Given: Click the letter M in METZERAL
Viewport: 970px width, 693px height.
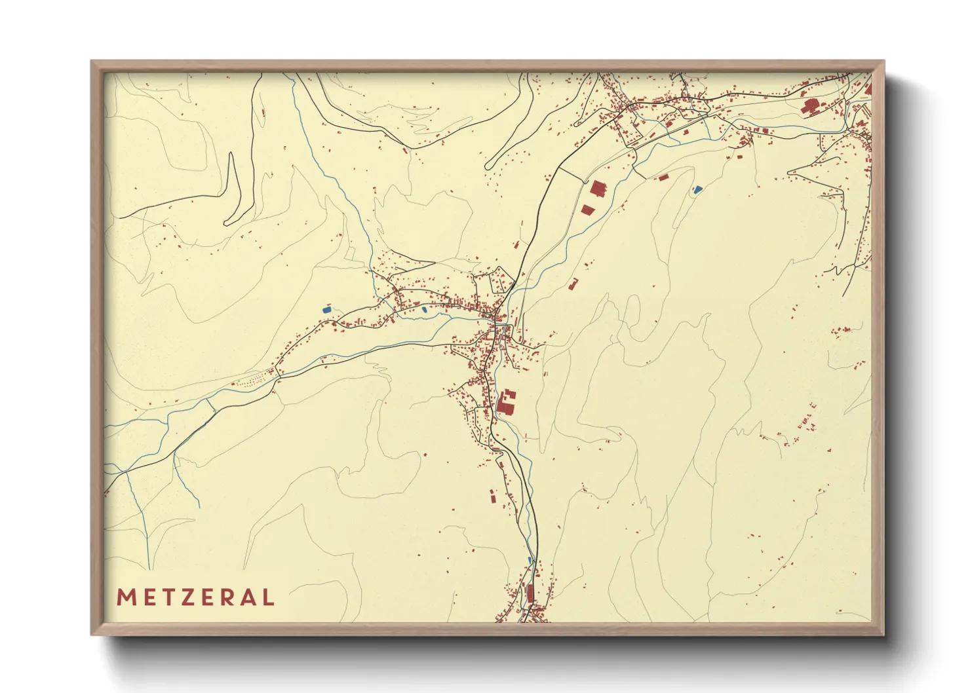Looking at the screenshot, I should (x=125, y=597).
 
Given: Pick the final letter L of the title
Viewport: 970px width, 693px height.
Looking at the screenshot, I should (x=267, y=597).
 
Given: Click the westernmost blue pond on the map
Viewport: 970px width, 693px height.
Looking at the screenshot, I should (x=327, y=309).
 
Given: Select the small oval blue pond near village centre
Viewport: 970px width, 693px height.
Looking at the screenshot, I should (x=425, y=309).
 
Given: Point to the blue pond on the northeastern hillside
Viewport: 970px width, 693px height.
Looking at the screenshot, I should (x=697, y=190).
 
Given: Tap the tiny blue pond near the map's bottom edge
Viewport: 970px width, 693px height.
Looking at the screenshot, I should (x=530, y=559).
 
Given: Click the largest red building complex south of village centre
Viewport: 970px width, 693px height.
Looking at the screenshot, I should (x=505, y=402).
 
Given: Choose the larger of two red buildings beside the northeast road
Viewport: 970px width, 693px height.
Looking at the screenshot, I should (x=598, y=189).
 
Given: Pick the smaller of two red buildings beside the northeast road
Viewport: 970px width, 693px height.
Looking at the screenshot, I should (x=587, y=210).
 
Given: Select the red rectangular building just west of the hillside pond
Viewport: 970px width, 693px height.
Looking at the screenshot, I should (x=663, y=177).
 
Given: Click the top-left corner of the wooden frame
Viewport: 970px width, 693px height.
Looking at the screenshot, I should (x=92, y=62).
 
